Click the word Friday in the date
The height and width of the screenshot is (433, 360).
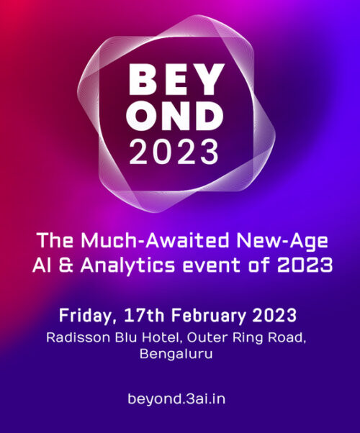[x=86, y=316]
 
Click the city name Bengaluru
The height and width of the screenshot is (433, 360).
[x=180, y=355]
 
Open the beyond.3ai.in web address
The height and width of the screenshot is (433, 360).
[x=180, y=397]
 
